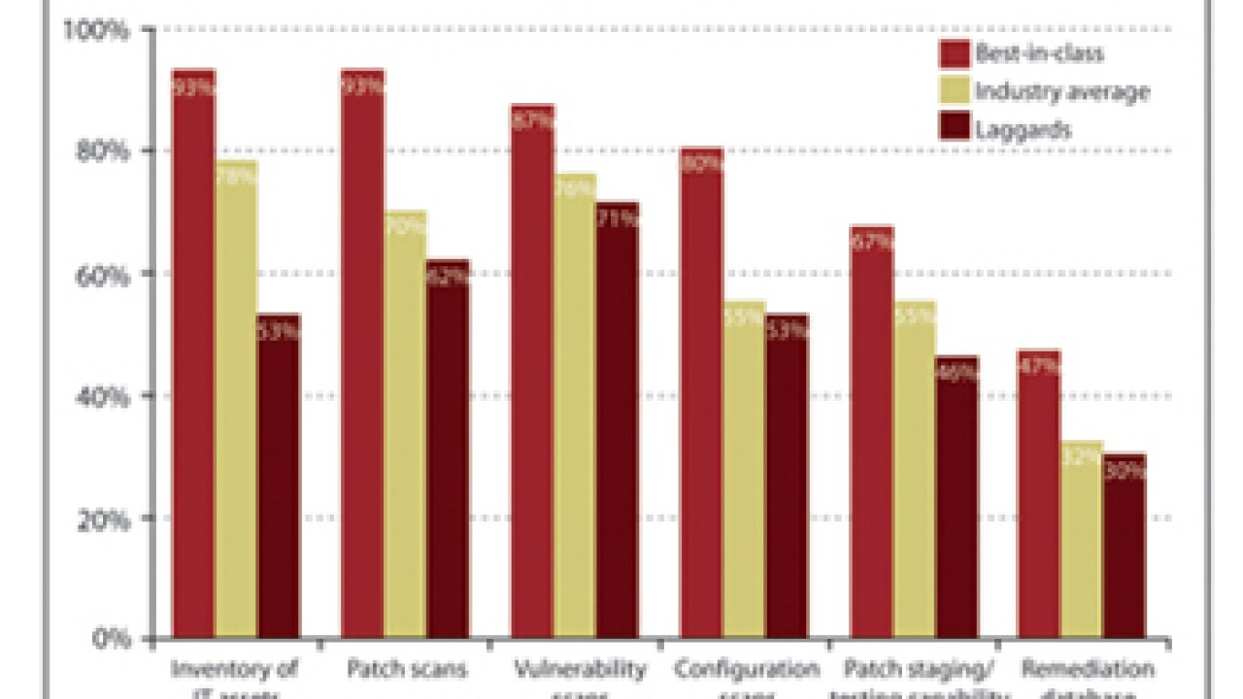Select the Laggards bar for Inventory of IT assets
click(279, 476)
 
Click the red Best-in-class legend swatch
click(955, 53)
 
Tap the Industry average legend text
click(1062, 92)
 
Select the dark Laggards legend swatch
click(955, 129)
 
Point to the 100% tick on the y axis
click(96, 30)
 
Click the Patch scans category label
click(405, 669)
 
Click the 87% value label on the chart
click(532, 120)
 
